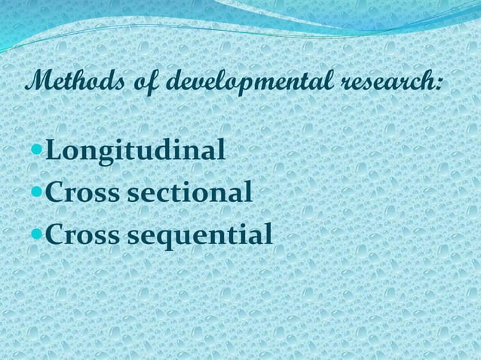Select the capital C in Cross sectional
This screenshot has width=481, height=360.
click(55, 193)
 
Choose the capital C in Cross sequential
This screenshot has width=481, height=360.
click(55, 236)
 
